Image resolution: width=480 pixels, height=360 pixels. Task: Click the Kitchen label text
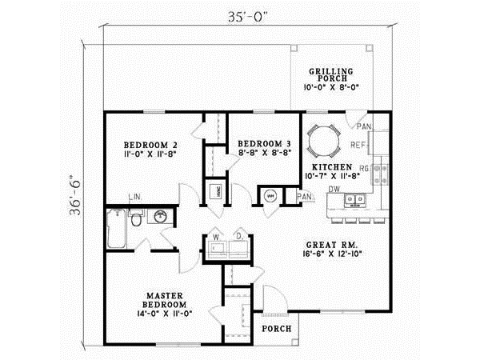[328, 166]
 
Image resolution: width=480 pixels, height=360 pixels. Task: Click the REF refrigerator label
[359, 145]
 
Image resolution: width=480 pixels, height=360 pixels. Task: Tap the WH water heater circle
[268, 195]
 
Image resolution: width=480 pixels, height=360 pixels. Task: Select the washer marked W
[216, 246]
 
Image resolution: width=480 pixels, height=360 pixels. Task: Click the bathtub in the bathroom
[116, 230]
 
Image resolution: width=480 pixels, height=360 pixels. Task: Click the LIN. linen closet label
[135, 195]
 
